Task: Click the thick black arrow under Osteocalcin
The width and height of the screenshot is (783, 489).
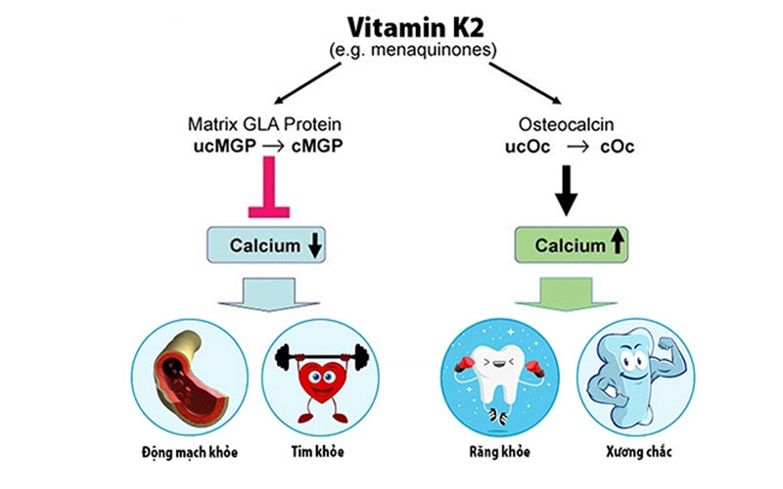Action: tap(567, 190)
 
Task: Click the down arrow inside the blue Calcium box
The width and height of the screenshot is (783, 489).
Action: tap(314, 246)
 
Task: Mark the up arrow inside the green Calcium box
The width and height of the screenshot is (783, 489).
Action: tap(617, 245)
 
